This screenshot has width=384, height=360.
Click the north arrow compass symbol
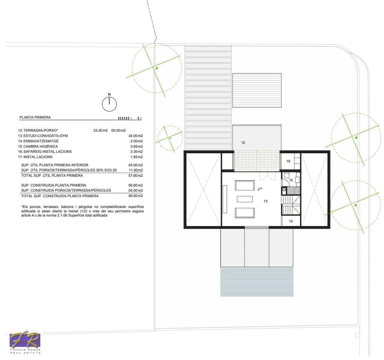[109, 104]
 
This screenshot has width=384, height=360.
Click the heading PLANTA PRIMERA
[35, 117]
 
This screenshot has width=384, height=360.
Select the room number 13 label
[265, 201]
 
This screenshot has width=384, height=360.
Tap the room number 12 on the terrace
[243, 142]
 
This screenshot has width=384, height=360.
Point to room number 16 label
[288, 161]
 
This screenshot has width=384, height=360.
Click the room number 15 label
[291, 180]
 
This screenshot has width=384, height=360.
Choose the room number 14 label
[291, 221]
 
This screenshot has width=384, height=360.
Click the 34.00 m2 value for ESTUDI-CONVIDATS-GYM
[135, 136]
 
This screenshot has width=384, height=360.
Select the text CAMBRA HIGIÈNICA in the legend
[41, 146]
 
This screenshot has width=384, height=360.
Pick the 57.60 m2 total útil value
[135, 175]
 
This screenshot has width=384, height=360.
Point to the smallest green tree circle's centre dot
[170, 138]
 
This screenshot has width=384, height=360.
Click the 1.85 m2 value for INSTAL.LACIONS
[137, 157]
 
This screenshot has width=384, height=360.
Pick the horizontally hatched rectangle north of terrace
[257, 90]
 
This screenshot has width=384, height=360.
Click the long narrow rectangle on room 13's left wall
[225, 199]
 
